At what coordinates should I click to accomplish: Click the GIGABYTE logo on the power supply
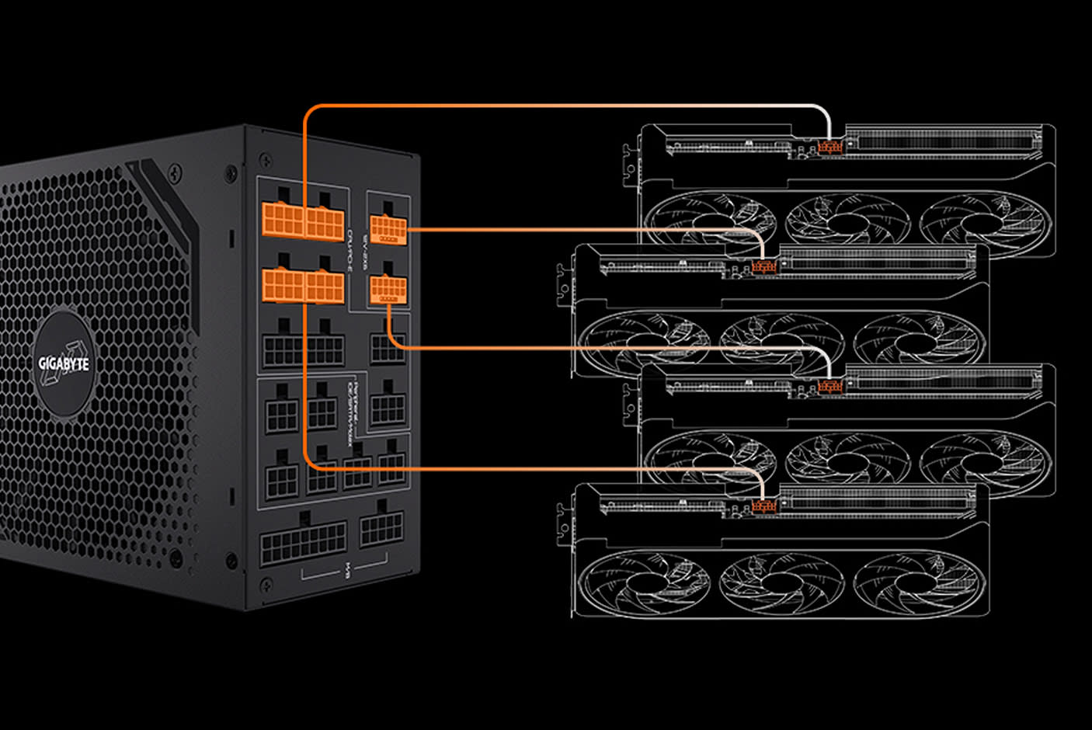click(64, 363)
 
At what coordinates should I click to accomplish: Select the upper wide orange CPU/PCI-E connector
click(303, 221)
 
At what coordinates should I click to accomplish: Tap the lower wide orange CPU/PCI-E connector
click(303, 285)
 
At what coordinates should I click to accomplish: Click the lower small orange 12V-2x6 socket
click(388, 290)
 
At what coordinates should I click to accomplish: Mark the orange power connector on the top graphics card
click(830, 147)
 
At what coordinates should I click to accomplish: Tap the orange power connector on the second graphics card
click(764, 267)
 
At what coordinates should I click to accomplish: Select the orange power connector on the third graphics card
click(830, 386)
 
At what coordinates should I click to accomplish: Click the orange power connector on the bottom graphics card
click(764, 507)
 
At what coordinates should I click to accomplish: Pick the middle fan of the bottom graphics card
click(782, 581)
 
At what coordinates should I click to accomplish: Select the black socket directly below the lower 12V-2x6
click(387, 349)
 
